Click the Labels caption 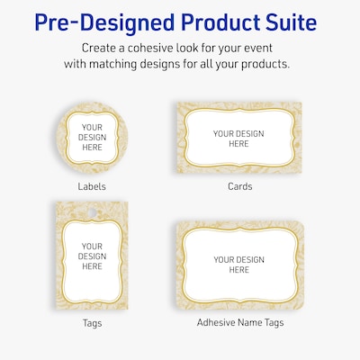point(92,186)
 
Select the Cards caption point(239,186)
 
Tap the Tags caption point(92,321)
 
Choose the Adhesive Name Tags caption point(238,321)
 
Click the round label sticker point(92,138)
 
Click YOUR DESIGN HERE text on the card point(238,138)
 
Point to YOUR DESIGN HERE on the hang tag point(92,256)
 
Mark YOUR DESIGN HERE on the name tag point(238,265)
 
